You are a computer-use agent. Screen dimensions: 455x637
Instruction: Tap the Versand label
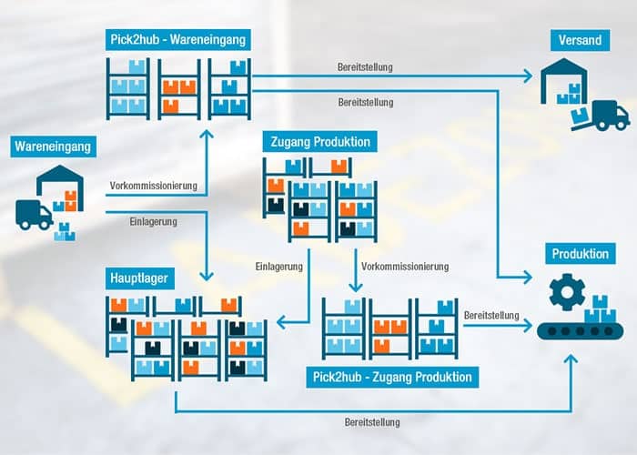pyautogui.click(x=579, y=40)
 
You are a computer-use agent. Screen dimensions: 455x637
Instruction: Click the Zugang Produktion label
pyautogui.click(x=319, y=142)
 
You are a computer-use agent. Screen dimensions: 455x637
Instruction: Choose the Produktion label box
pyautogui.click(x=580, y=254)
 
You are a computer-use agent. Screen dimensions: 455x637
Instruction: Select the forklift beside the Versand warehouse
pyautogui.click(x=606, y=116)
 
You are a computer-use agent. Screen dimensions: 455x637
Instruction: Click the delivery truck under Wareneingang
pyautogui.click(x=34, y=215)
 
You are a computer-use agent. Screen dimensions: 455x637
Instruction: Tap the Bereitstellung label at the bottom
pyautogui.click(x=372, y=422)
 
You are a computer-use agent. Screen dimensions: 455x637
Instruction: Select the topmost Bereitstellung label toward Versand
pyautogui.click(x=365, y=67)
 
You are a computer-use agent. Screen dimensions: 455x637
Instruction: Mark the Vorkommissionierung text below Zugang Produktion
pyautogui.click(x=405, y=267)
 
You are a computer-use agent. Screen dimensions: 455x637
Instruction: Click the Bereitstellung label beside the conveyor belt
pyautogui.click(x=491, y=315)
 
